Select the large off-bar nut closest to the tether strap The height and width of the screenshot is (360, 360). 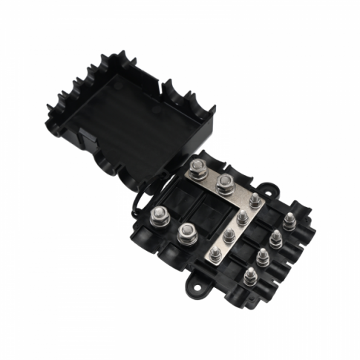[158, 217]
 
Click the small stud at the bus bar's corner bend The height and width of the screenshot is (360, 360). [255, 199]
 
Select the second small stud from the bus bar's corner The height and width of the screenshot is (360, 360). [242, 217]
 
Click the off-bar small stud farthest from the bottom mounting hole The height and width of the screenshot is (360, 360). [288, 220]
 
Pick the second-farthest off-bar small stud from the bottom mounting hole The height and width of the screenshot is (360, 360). [275, 238]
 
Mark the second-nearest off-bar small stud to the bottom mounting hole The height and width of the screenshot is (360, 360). [262, 256]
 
